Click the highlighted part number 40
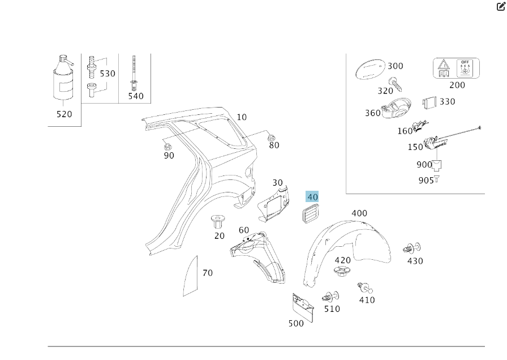click(x=312, y=197)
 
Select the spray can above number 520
click(x=64, y=79)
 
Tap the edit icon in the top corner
click(x=501, y=7)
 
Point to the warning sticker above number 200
click(x=456, y=68)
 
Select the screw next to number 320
click(x=395, y=83)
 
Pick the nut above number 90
click(x=165, y=142)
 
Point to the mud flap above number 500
click(x=302, y=308)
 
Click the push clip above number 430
click(x=411, y=248)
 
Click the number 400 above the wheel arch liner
click(x=359, y=213)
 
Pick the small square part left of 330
click(x=428, y=104)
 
